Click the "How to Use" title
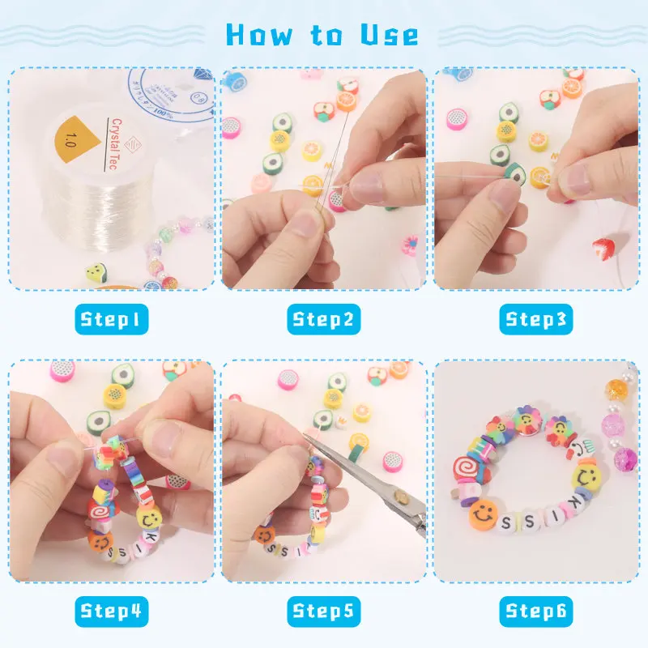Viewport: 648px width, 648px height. coord(322,35)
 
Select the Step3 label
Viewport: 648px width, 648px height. coord(535,319)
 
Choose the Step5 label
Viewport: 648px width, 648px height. coord(323,610)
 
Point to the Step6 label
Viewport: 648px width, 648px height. coord(535,610)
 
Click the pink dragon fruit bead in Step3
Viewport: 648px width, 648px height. coord(457,119)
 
